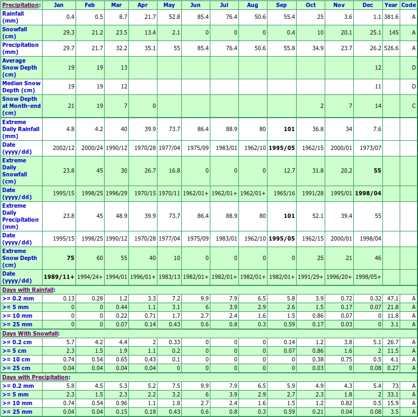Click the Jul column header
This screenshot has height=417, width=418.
224,5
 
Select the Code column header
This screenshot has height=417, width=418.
408,5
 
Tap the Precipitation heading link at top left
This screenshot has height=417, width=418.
20,5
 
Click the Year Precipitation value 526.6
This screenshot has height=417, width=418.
391,48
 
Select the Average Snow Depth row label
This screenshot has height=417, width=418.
20,68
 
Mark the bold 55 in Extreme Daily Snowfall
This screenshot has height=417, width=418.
377,170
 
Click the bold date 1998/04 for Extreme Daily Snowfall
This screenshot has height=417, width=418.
368,193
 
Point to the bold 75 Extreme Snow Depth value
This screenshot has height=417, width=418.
70,258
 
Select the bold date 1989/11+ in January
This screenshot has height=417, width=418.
59,277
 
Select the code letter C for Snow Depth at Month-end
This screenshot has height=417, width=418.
414,106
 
